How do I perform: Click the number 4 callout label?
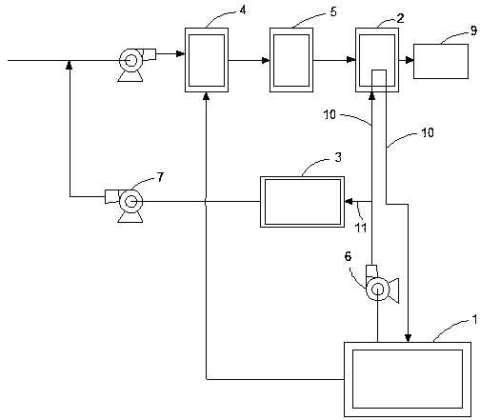coord(243,10)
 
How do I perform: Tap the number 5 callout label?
coord(333,11)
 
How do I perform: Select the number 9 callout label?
coord(473,30)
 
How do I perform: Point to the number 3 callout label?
coord(338,157)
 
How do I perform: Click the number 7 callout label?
coord(160,177)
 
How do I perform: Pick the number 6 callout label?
coord(349,256)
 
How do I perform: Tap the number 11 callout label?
coord(361,228)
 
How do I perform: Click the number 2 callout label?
coord(401,18)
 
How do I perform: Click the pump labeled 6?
coord(381,284)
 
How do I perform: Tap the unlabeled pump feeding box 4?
coord(136,65)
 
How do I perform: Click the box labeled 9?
coord(441,61)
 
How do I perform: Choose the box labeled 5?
coord(291,60)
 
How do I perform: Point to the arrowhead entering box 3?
coord(350,201)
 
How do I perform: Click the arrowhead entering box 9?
coord(410,60)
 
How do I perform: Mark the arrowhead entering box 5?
coord(266,60)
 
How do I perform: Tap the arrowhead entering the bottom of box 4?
coord(207,96)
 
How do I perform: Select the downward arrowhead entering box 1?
coord(408,338)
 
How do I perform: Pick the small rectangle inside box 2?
coord(379,78)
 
